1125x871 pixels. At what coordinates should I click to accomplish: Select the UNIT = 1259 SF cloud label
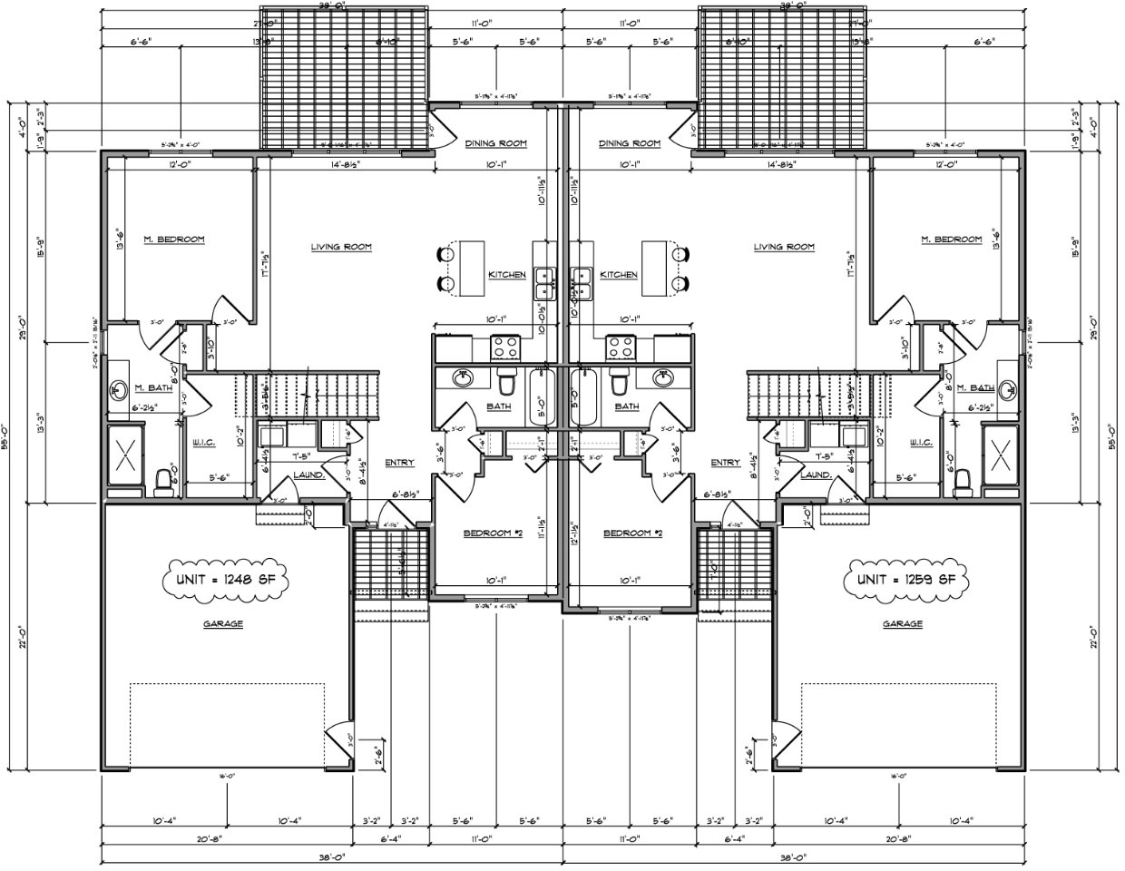(902, 579)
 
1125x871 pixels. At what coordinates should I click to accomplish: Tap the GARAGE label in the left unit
(223, 623)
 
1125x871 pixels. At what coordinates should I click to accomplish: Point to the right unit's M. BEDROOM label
(951, 240)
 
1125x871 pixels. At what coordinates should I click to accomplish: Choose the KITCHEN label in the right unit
(618, 275)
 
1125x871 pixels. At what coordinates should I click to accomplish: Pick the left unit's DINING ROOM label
(495, 143)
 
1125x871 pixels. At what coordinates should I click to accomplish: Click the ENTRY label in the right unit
(725, 463)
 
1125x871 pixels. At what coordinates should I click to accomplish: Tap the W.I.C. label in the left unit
(202, 444)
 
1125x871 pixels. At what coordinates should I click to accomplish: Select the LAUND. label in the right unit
(816, 475)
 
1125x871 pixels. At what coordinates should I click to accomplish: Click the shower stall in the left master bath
(124, 447)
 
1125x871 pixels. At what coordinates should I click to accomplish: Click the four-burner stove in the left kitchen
(504, 347)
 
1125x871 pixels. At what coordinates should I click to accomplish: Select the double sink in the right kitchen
(581, 283)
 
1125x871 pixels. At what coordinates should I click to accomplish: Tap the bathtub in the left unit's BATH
(541, 396)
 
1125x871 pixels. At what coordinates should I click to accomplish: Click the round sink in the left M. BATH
(117, 390)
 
